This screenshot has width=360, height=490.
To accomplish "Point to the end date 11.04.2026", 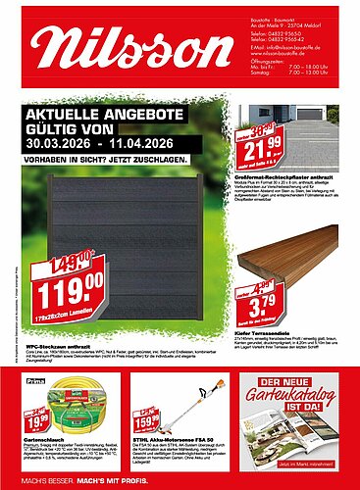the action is pos(141,144).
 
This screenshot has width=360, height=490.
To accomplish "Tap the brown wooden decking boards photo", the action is pos(294,265).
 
